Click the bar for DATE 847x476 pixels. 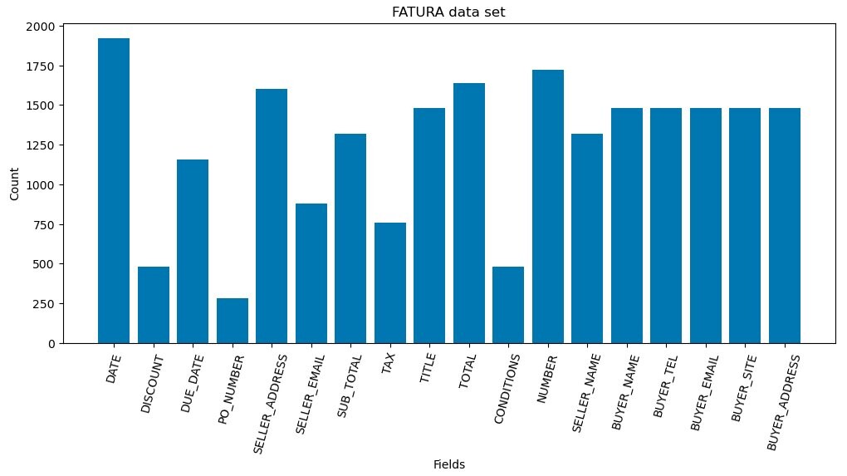[x=114, y=191]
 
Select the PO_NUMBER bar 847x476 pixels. [x=233, y=321]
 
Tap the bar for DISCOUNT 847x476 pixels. [x=154, y=305]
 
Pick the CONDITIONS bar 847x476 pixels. [x=508, y=305]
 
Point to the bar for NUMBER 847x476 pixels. [x=548, y=207]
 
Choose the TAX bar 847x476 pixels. [x=390, y=282]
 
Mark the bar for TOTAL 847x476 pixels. [x=469, y=213]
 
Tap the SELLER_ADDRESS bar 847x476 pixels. [x=272, y=216]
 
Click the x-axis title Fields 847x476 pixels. [x=449, y=465]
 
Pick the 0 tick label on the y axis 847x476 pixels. [x=51, y=343]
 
